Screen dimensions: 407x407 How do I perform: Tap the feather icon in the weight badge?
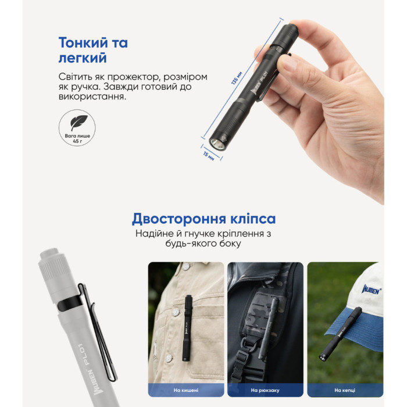click(x=78, y=123)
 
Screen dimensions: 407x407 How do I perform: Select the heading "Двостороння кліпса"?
click(x=203, y=219)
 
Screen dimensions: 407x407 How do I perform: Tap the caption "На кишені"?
click(x=185, y=390)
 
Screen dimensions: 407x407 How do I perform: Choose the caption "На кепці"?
click(x=345, y=390)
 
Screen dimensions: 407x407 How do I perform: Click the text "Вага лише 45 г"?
click(x=78, y=137)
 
